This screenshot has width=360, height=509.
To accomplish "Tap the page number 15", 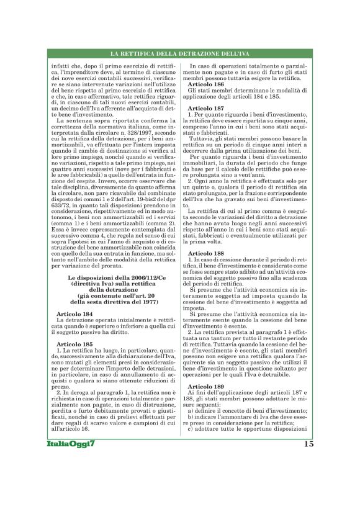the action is [308, 444].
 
